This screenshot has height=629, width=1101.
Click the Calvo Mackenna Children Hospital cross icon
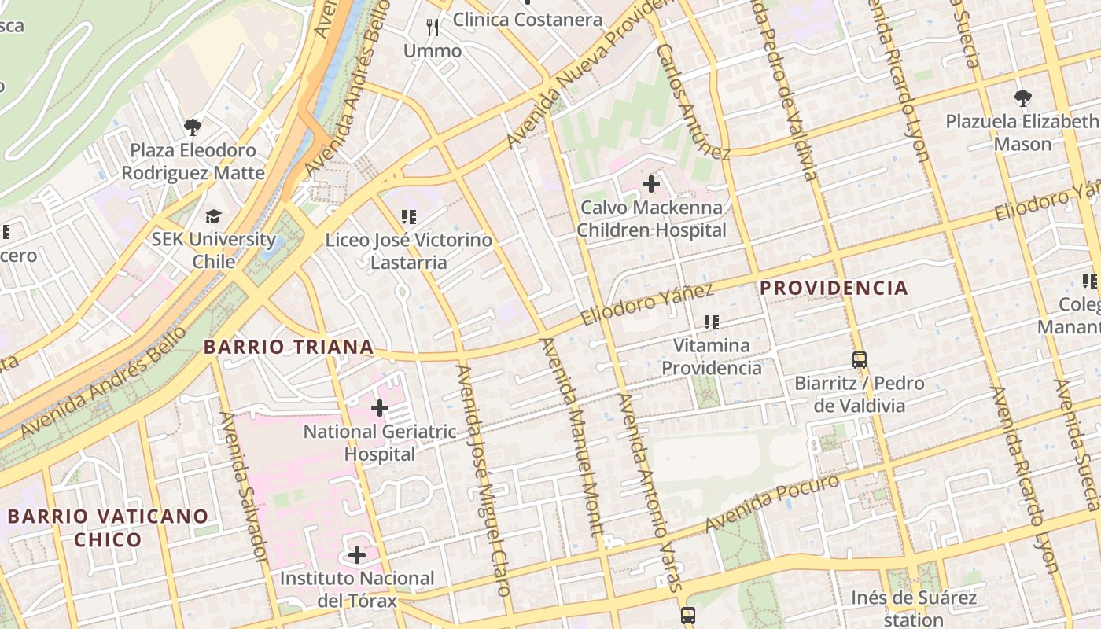pyautogui.click(x=650, y=185)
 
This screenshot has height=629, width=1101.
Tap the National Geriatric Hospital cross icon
pyautogui.click(x=380, y=408)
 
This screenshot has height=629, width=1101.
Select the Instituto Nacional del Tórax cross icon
pyautogui.click(x=357, y=556)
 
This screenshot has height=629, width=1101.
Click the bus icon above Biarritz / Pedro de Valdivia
pyautogui.click(x=860, y=360)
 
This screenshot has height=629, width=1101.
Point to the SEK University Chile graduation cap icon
pyautogui.click(x=213, y=216)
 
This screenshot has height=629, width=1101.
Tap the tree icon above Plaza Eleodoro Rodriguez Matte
pyautogui.click(x=193, y=127)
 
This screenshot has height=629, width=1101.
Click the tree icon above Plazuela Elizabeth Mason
pyautogui.click(x=1022, y=98)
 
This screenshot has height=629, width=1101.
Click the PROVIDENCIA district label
pyautogui.click(x=834, y=288)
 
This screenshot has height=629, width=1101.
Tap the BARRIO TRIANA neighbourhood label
pyautogui.click(x=289, y=347)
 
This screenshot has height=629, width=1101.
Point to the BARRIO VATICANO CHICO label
pyautogui.click(x=109, y=528)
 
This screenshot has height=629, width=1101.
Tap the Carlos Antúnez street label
pyautogui.click(x=694, y=101)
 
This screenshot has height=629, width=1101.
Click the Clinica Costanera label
pyautogui.click(x=528, y=19)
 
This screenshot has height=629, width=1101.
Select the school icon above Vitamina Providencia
pyautogui.click(x=712, y=322)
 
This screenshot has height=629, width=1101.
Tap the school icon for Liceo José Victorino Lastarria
pyautogui.click(x=408, y=216)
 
